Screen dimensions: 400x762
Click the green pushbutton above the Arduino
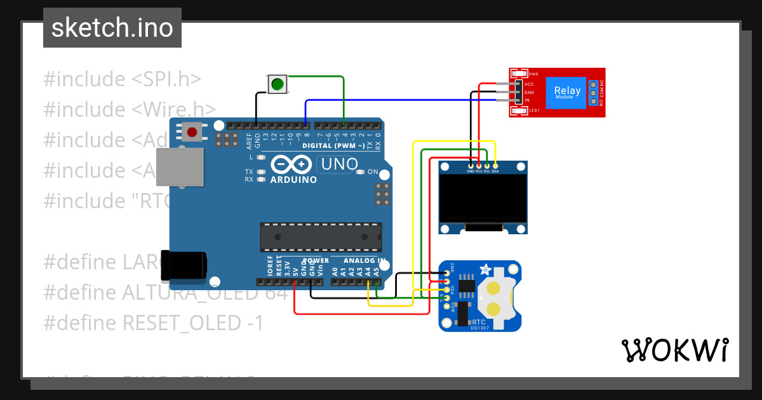pyautogui.click(x=277, y=84)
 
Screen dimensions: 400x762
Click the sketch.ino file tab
pyautogui.click(x=112, y=28)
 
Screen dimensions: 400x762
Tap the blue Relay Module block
pyautogui.click(x=566, y=93)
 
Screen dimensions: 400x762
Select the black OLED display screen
pyautogui.click(x=483, y=197)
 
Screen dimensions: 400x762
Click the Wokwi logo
pyautogui.click(x=674, y=350)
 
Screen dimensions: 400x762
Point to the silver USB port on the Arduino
pyautogui.click(x=180, y=168)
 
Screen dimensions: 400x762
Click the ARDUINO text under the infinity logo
pyautogui.click(x=293, y=180)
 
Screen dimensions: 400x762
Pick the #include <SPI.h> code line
pyautogui.click(x=123, y=79)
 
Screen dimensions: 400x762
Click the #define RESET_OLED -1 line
pyautogui.click(x=153, y=323)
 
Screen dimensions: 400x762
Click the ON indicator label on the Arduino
pyautogui.click(x=373, y=172)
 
